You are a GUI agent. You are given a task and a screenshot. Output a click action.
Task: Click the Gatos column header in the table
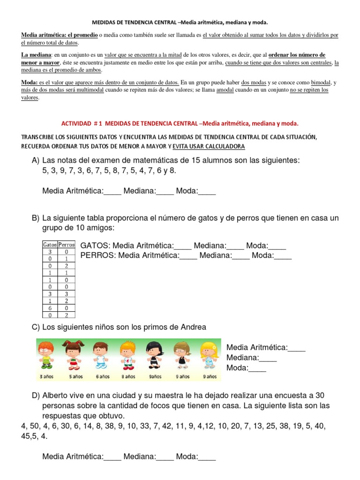pyautogui.click(x=50, y=245)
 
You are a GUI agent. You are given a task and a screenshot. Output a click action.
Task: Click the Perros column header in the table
pyautogui.click(x=67, y=245)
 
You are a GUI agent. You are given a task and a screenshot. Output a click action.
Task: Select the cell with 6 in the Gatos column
pyautogui.click(x=50, y=308)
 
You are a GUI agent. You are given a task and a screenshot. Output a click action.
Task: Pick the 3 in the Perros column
pyautogui.click(x=67, y=293)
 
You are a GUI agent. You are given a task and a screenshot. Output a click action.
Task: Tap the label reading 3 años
pyautogui.click(x=45, y=376)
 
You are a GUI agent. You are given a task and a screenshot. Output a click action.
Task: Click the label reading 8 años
pyautogui.click(x=128, y=376)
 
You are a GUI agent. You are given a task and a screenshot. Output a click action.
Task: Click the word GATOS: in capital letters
pyautogui.click(x=96, y=246)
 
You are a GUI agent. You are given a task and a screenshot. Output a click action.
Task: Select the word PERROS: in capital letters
pyautogui.click(x=98, y=255)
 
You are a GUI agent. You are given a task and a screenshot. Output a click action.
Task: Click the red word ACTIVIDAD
pyautogui.click(x=76, y=123)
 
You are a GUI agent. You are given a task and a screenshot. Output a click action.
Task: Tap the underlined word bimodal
pyautogui.click(x=321, y=82)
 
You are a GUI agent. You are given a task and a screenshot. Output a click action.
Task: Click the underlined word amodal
pyautogui.click(x=225, y=90)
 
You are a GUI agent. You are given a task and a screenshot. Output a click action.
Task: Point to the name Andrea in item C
pyautogui.click(x=193, y=327)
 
